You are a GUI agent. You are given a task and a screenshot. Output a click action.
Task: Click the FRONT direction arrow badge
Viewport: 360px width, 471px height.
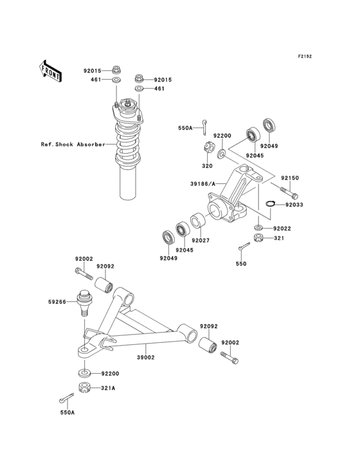[51, 70]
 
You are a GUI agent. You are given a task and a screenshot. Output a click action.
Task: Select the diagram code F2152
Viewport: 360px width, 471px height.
[305, 57]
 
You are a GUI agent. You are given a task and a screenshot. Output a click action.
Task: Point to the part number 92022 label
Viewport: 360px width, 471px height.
[282, 228]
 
